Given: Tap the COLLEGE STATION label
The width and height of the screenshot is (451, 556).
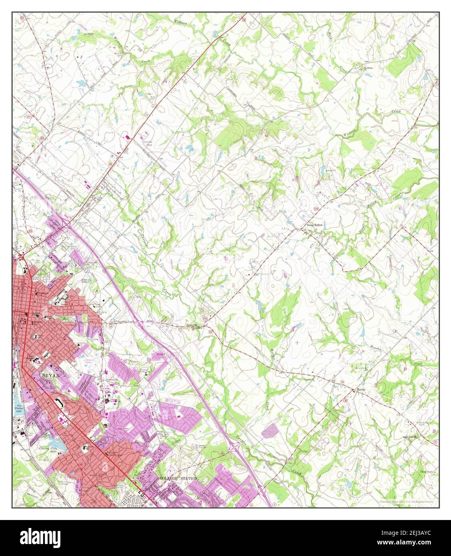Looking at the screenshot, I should point(178,478).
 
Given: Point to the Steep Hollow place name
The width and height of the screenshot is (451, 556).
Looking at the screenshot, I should point(314,225).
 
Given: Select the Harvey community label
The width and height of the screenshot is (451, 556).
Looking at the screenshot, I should point(362,390).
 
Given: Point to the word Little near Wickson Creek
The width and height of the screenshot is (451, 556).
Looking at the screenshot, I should point(89,34).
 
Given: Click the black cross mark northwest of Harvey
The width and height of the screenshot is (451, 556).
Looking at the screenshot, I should point(297,342).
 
